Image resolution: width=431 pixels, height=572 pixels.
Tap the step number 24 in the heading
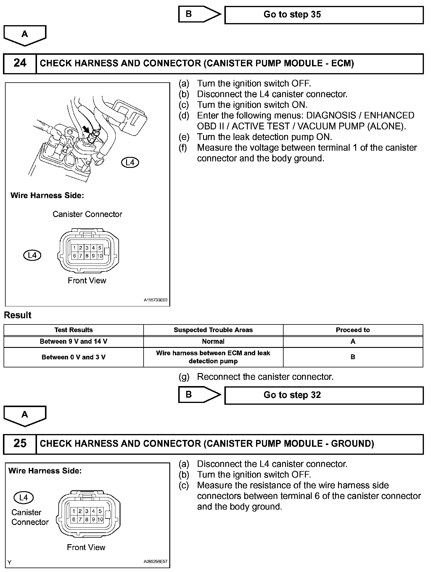pyautogui.click(x=20, y=63)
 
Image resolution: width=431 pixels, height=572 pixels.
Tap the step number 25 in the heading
pyautogui.click(x=20, y=443)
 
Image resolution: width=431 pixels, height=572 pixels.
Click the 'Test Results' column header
pyautogui.click(x=73, y=330)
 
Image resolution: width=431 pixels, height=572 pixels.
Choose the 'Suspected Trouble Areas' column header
pyautogui.click(x=213, y=330)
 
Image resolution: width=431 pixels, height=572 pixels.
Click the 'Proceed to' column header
pyautogui.click(x=353, y=330)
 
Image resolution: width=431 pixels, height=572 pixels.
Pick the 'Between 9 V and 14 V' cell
pyautogui.click(x=73, y=341)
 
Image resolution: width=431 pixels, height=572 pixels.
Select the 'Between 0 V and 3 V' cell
pyautogui.click(x=73, y=357)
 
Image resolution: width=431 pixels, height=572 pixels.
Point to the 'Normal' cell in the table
pyautogui.click(x=213, y=341)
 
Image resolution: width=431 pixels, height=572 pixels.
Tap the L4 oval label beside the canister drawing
pyautogui.click(x=130, y=162)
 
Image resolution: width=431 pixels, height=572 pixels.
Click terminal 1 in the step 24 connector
pyautogui.click(x=74, y=248)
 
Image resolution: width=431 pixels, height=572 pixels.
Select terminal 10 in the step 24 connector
pyautogui.click(x=99, y=256)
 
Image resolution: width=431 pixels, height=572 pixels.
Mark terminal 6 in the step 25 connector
pyautogui.click(x=74, y=519)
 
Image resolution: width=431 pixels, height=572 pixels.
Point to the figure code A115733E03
pyautogui.click(x=156, y=300)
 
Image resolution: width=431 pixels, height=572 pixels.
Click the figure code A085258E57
pyautogui.click(x=156, y=561)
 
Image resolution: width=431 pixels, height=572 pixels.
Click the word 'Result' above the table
pyautogui.click(x=18, y=315)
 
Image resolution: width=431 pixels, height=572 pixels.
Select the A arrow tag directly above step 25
pyautogui.click(x=25, y=415)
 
